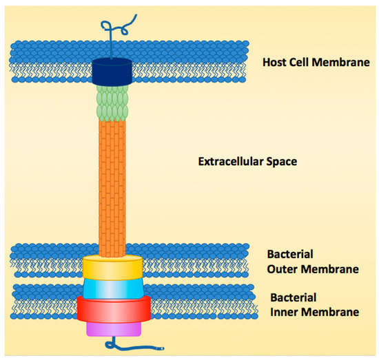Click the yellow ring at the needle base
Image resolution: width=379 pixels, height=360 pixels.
pyautogui.click(x=112, y=266)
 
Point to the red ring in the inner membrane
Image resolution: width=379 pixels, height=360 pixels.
pyautogui.click(x=112, y=308)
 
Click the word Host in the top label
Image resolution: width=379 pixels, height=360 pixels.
pyautogui.click(x=276, y=63)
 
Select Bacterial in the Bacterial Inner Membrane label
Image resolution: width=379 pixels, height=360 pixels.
pyautogui.click(x=290, y=298)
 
